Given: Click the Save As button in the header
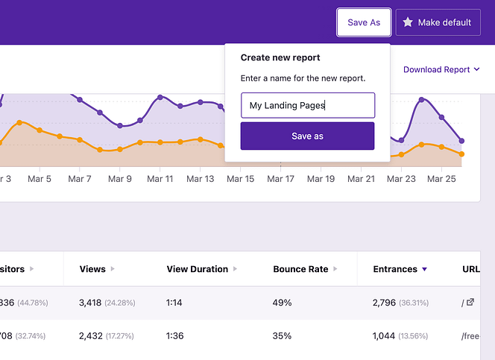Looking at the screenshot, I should click(x=364, y=22).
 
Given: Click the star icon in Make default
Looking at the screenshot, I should click(x=408, y=22).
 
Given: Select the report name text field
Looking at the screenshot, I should click(x=307, y=105).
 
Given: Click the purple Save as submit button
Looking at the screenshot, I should click(x=307, y=136).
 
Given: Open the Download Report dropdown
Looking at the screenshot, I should click(x=441, y=69).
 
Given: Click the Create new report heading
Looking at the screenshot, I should click(x=280, y=57).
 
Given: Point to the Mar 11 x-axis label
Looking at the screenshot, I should click(x=160, y=179).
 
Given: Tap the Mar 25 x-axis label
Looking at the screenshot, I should click(x=441, y=179).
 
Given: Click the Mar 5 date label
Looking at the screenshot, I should click(x=39, y=179).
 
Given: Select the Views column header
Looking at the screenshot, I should click(x=92, y=269).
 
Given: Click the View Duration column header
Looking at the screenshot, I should click(x=198, y=269).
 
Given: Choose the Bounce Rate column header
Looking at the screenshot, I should click(x=300, y=269).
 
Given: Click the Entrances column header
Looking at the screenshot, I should click(x=395, y=269).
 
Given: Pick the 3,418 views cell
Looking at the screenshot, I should click(x=93, y=303).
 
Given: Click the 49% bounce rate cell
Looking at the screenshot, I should click(x=283, y=303).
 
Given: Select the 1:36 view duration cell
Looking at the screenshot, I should click(x=176, y=336).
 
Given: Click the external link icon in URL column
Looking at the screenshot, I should click(x=470, y=303).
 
